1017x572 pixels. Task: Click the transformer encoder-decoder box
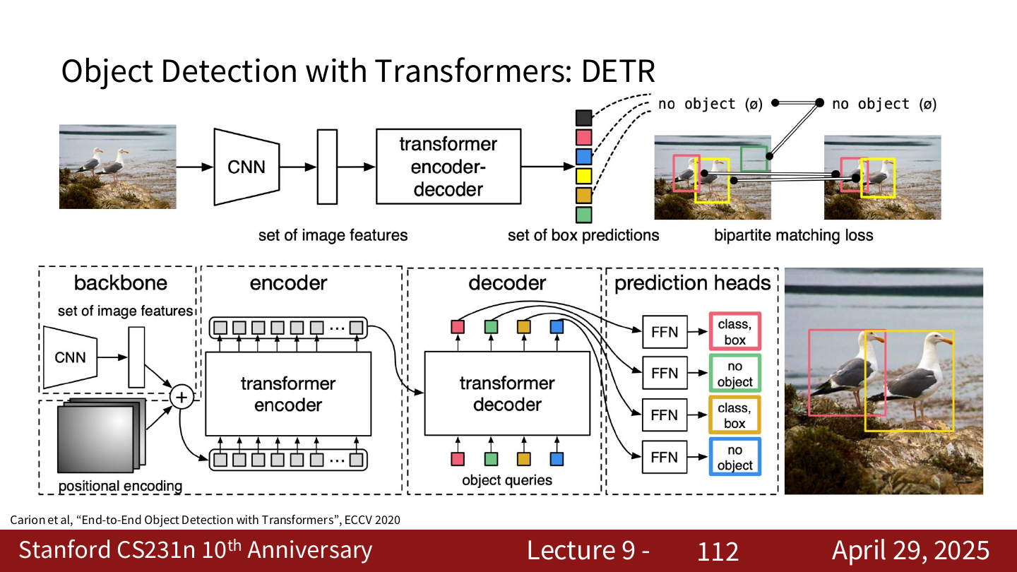(x=448, y=167)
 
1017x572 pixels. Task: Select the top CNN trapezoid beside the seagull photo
(x=246, y=167)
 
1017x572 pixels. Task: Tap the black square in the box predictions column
(x=584, y=118)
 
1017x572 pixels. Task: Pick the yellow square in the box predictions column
(x=584, y=176)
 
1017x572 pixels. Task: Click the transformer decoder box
(x=507, y=393)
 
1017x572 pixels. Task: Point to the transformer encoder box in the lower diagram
(x=288, y=393)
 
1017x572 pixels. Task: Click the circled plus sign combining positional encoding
(x=182, y=398)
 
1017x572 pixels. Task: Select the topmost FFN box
(x=665, y=332)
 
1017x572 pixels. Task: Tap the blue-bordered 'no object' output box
(x=735, y=457)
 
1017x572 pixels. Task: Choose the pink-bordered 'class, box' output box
(x=735, y=332)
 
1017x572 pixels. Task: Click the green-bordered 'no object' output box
(x=735, y=374)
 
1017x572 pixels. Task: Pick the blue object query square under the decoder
(x=557, y=459)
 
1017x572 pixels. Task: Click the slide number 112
(x=718, y=551)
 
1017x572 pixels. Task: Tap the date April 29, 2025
(x=910, y=550)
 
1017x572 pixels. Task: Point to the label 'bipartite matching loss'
(x=794, y=235)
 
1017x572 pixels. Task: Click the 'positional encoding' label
(x=120, y=486)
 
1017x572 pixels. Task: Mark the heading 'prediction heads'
(x=692, y=283)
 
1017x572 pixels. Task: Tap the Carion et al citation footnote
(x=206, y=520)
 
